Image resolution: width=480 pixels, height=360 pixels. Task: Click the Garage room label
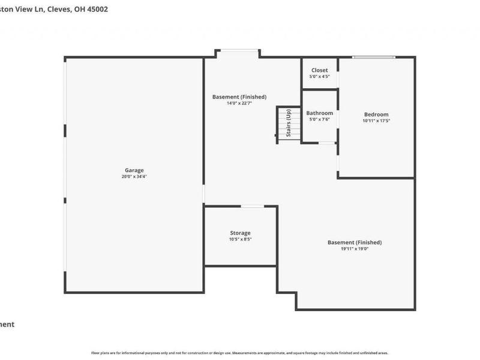(x=134, y=170)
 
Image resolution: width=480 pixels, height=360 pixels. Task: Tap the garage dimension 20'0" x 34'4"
(x=134, y=177)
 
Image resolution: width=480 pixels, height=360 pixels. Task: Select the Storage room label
(x=240, y=233)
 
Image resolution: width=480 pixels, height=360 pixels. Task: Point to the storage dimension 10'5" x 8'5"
(x=240, y=239)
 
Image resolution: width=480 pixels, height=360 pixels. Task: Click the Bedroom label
(x=376, y=115)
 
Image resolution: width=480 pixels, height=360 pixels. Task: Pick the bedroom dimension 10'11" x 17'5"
(x=376, y=121)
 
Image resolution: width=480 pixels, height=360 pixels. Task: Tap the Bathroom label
(x=319, y=113)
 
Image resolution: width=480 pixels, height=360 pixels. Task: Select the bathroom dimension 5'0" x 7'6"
(x=319, y=119)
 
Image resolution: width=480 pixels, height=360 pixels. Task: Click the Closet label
(x=319, y=70)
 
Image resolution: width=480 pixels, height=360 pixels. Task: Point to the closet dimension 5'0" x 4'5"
(x=319, y=77)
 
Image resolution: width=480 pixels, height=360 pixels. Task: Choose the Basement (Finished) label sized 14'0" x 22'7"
(x=239, y=97)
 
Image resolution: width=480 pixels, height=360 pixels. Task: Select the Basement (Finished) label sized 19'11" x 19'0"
(x=354, y=242)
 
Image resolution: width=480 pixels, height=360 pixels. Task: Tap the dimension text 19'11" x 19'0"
(x=354, y=249)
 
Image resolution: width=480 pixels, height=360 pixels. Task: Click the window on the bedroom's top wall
(x=373, y=58)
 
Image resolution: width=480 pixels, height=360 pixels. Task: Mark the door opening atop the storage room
(x=252, y=206)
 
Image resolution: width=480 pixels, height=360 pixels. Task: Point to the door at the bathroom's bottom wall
(x=327, y=143)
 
